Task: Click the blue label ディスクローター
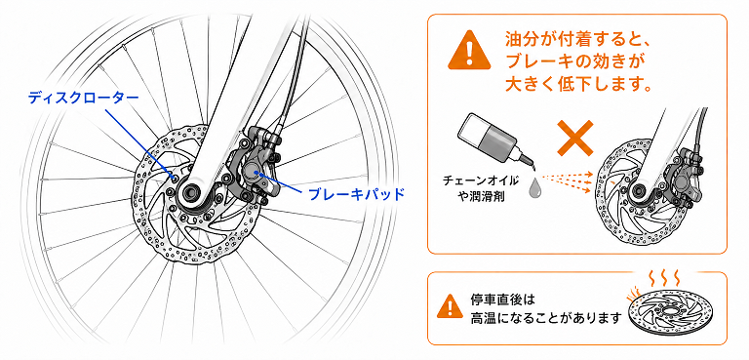coord(83,98)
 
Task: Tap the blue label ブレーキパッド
coord(356,193)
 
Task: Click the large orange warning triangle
coord(469,50)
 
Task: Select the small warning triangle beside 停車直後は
coord(449,306)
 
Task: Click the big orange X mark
coord(575,137)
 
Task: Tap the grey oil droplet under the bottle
coord(534,186)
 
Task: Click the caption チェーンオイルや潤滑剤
coord(481,188)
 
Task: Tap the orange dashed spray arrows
coord(567,183)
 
